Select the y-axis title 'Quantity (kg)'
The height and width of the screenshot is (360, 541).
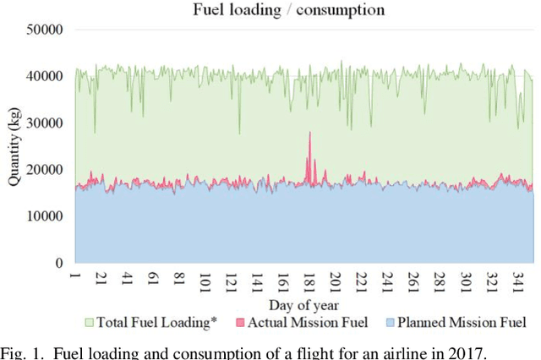15,146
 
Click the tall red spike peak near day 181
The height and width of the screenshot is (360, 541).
309,133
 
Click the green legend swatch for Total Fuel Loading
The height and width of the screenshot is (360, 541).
90,322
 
